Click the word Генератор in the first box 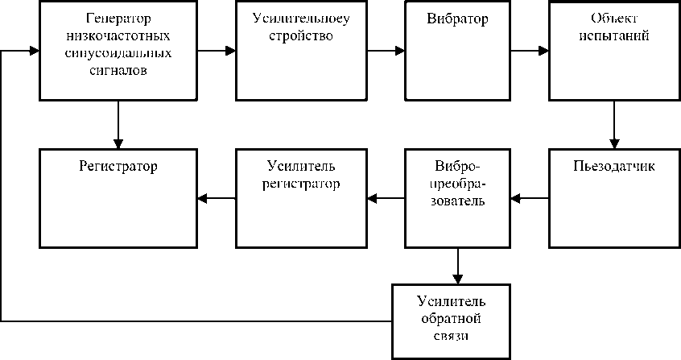[118, 19]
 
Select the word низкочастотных [118, 35]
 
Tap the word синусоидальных [118, 53]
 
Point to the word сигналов [118, 70]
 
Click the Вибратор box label [457, 19]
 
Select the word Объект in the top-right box [614, 19]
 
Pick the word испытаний [614, 35]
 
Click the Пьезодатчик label [614, 166]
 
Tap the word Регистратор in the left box [118, 167]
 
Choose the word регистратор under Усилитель [301, 184]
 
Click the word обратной [451, 319]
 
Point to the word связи [451, 336]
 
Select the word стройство [301, 36]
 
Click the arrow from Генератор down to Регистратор [118, 125]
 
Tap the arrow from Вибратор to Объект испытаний [530, 51]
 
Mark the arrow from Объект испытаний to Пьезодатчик [614, 125]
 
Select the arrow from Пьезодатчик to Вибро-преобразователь [530, 199]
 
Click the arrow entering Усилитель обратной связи [457, 266]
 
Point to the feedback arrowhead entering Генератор [35, 51]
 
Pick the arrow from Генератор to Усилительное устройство [217, 51]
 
